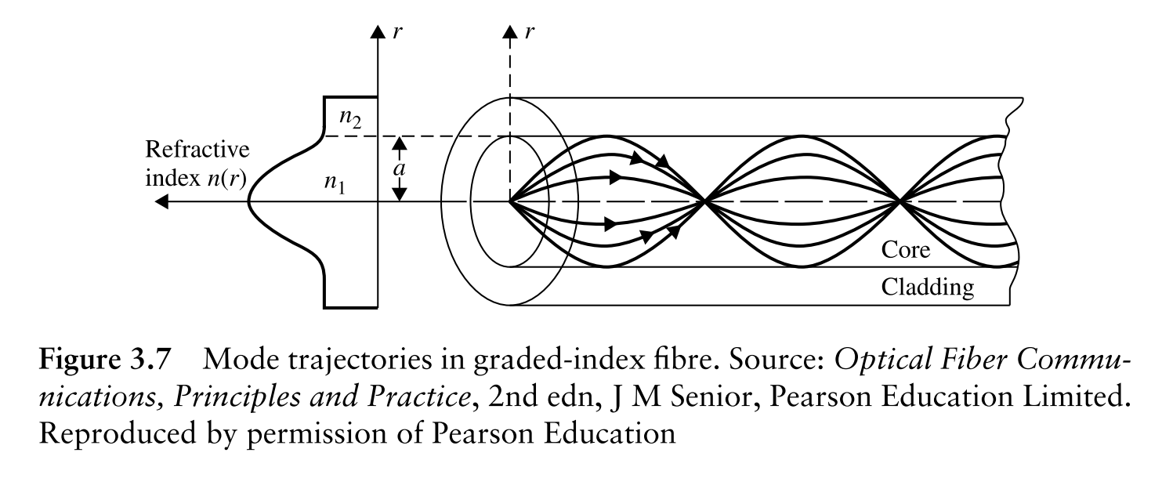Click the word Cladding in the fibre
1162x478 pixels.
click(x=929, y=288)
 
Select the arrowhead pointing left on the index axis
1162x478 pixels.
click(x=161, y=202)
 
